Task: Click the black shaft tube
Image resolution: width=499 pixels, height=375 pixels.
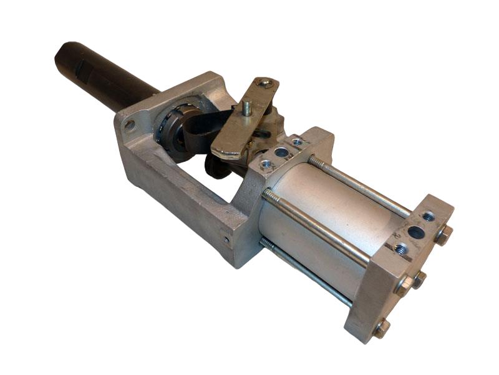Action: pyautogui.click(x=100, y=74)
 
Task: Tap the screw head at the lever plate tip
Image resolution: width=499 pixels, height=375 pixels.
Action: pyautogui.click(x=268, y=83)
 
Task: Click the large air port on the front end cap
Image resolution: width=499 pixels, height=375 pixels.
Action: pyautogui.click(x=281, y=152)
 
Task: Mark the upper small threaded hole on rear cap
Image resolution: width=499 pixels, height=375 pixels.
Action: pyautogui.click(x=429, y=217)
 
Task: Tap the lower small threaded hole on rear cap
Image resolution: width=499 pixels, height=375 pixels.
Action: pyautogui.click(x=401, y=249)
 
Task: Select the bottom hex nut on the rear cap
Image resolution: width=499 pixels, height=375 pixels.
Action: pyautogui.click(x=380, y=329)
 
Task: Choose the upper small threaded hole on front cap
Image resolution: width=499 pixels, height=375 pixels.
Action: pyautogui.click(x=298, y=142)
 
